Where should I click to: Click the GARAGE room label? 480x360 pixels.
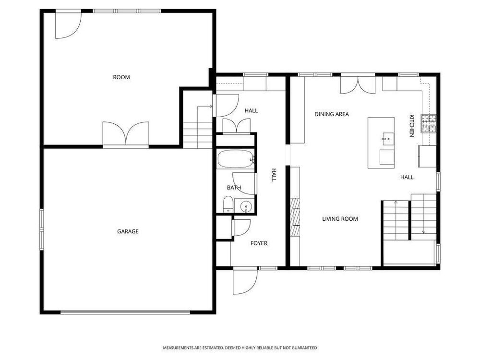point(128,231)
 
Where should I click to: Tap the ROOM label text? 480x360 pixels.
point(121,77)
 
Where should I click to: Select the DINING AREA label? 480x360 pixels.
point(332,114)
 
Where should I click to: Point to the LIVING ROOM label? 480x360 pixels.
point(340,219)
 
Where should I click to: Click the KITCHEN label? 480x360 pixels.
point(412,125)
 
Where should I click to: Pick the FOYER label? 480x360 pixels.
point(259,243)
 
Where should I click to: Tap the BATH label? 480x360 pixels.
point(234,188)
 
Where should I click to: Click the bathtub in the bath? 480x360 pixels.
point(236,159)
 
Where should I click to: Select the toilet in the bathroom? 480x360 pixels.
point(228,204)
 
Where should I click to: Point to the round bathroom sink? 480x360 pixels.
point(246,206)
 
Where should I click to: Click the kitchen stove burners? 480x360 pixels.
point(429,123)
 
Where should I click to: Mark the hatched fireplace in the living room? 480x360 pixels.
point(295,217)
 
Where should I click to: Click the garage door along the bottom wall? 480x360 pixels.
point(125,312)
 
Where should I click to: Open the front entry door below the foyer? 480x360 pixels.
point(245,281)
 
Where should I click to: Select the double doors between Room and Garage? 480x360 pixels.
point(126,134)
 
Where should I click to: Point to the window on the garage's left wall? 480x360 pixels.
point(42,229)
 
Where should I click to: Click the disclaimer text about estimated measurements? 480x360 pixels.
point(240,348)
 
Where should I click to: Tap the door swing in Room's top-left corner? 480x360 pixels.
point(68,24)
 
